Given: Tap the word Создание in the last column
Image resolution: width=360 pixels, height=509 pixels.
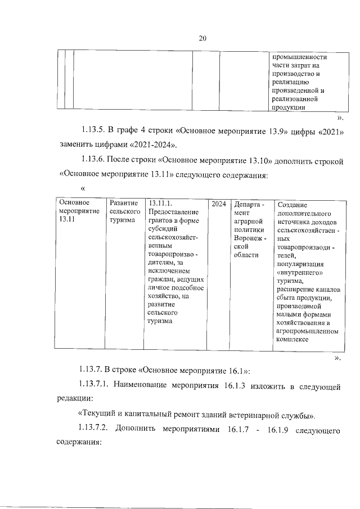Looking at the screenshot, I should pos(292,206).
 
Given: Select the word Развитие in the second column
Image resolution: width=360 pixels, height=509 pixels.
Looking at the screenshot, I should pos(123,203).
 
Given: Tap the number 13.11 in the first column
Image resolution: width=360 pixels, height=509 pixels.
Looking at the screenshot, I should pos(67,220).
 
